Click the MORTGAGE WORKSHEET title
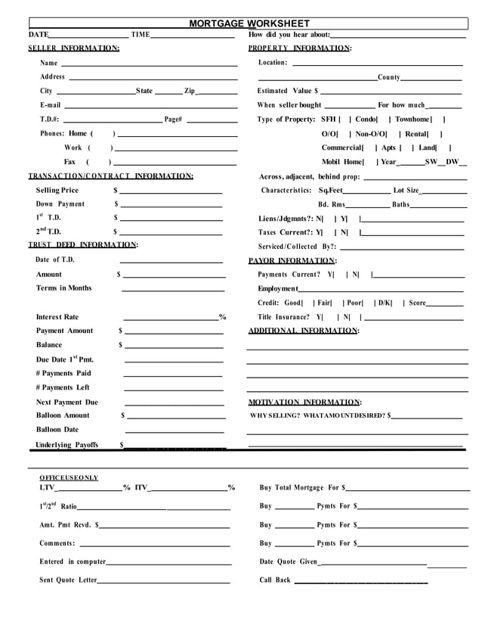(x=249, y=23)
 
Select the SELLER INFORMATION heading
(x=73, y=48)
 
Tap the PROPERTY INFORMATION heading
(x=300, y=48)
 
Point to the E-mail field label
(x=50, y=105)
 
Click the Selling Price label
(x=57, y=190)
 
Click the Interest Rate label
(x=57, y=317)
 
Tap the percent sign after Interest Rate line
(x=223, y=317)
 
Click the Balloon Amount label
(x=62, y=415)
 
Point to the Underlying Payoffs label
(x=66, y=445)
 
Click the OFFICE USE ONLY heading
(x=69, y=478)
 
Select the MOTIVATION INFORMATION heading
(x=304, y=402)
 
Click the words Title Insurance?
(x=283, y=317)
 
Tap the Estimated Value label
(x=284, y=91)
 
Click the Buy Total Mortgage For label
(x=300, y=488)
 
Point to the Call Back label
(x=275, y=580)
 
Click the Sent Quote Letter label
(x=68, y=580)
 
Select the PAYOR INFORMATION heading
(x=292, y=261)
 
